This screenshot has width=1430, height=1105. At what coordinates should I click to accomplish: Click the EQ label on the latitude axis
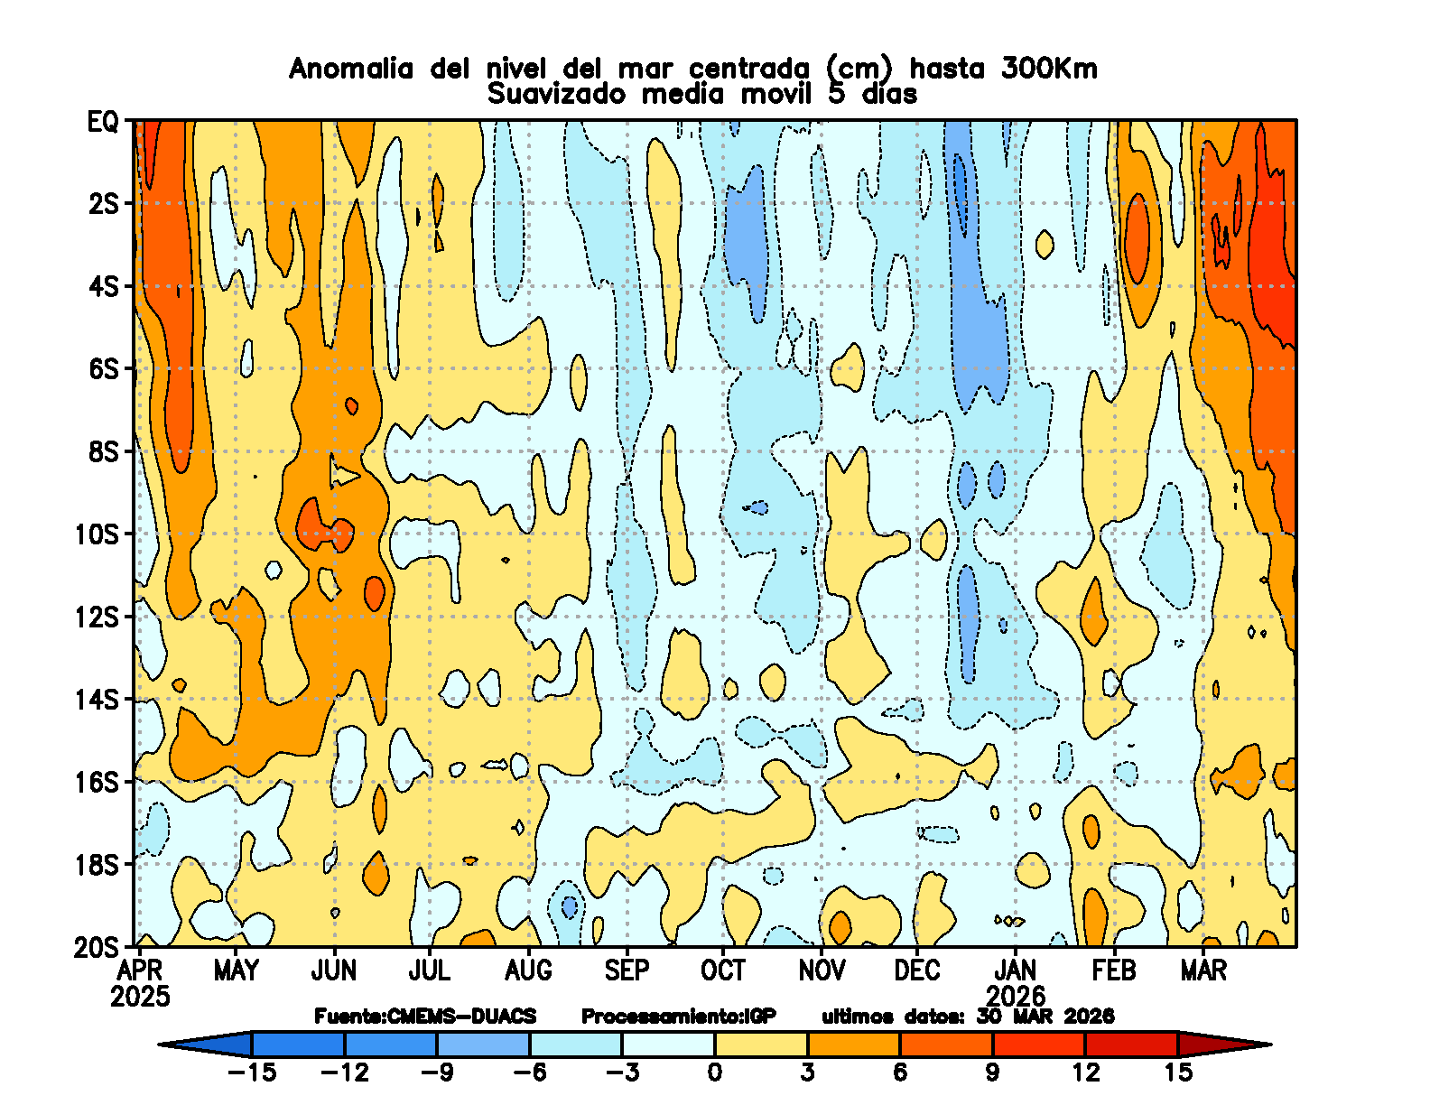pyautogui.click(x=102, y=122)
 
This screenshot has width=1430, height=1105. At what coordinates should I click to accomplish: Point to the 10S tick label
pyautogui.click(x=97, y=534)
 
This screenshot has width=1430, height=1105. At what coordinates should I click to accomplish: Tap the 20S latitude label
pyautogui.click(x=97, y=948)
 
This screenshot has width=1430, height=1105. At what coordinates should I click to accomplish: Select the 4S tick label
pyautogui.click(x=103, y=287)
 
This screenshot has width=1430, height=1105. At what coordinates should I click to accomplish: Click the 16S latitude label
pyautogui.click(x=97, y=783)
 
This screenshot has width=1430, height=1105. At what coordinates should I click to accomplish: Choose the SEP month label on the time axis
pyautogui.click(x=627, y=970)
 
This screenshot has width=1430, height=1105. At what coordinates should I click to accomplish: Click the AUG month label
pyautogui.click(x=528, y=970)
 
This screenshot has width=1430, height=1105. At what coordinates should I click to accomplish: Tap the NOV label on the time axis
pyautogui.click(x=822, y=970)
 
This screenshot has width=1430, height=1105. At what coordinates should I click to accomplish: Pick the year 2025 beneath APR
pyautogui.click(x=140, y=997)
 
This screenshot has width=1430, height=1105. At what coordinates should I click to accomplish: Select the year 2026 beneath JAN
pyautogui.click(x=1016, y=997)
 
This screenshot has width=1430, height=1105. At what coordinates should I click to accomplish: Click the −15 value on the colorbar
pyautogui.click(x=252, y=1072)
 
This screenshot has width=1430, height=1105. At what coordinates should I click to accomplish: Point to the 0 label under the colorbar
pyautogui.click(x=715, y=1072)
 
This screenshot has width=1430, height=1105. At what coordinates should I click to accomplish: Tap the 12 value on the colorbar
pyautogui.click(x=1085, y=1072)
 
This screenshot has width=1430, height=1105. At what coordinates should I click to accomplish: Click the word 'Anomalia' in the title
pyautogui.click(x=351, y=70)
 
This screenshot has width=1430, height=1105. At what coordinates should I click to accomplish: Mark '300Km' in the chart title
pyautogui.click(x=1049, y=70)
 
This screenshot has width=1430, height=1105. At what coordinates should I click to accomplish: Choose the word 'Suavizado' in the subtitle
pyautogui.click(x=555, y=95)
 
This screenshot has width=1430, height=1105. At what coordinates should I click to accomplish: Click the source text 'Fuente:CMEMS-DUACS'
pyautogui.click(x=425, y=1017)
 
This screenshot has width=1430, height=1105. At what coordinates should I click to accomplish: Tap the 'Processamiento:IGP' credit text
pyautogui.click(x=678, y=1017)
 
